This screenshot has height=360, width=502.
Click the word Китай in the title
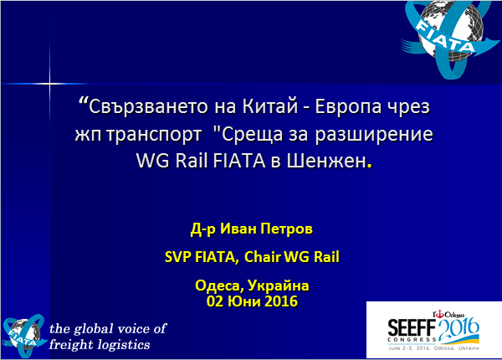(270, 106)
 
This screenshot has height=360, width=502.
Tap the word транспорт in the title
(154, 135)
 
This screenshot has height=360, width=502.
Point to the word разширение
(374, 135)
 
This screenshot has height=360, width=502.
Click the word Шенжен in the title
(326, 161)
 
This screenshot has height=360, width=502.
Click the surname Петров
(286, 229)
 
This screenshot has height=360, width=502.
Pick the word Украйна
(279, 285)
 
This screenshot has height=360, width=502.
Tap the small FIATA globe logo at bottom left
(24, 336)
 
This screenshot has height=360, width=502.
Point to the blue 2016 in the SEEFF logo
(458, 329)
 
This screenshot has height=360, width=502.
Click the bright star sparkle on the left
(49, 84)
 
